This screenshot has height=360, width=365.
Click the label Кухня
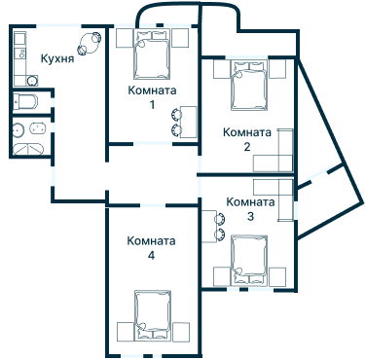(x=57, y=58)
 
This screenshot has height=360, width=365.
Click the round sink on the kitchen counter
(x=18, y=40)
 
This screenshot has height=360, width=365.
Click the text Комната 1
(x=151, y=97)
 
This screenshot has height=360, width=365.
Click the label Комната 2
(x=246, y=139)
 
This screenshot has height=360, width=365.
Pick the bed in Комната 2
(x=247, y=86)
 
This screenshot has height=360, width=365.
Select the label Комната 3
(x=249, y=209)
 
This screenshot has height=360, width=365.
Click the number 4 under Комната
(x=151, y=255)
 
